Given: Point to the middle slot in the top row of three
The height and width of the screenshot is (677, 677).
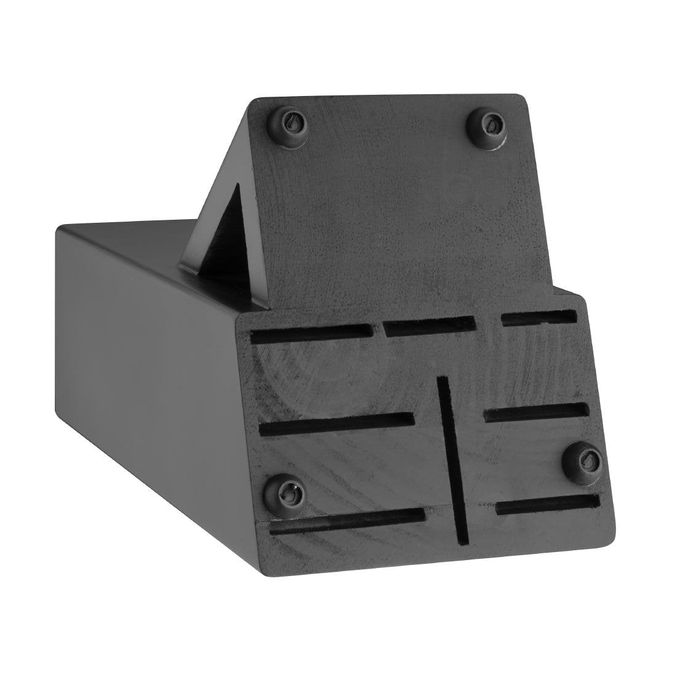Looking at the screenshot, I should click(x=429, y=326).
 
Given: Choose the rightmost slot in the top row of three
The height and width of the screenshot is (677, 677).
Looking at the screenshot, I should click(x=539, y=319).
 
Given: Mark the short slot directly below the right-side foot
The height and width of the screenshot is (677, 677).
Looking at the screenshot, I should click(x=547, y=504).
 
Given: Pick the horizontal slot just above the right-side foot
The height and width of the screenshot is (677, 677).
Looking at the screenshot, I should click(x=536, y=412).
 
